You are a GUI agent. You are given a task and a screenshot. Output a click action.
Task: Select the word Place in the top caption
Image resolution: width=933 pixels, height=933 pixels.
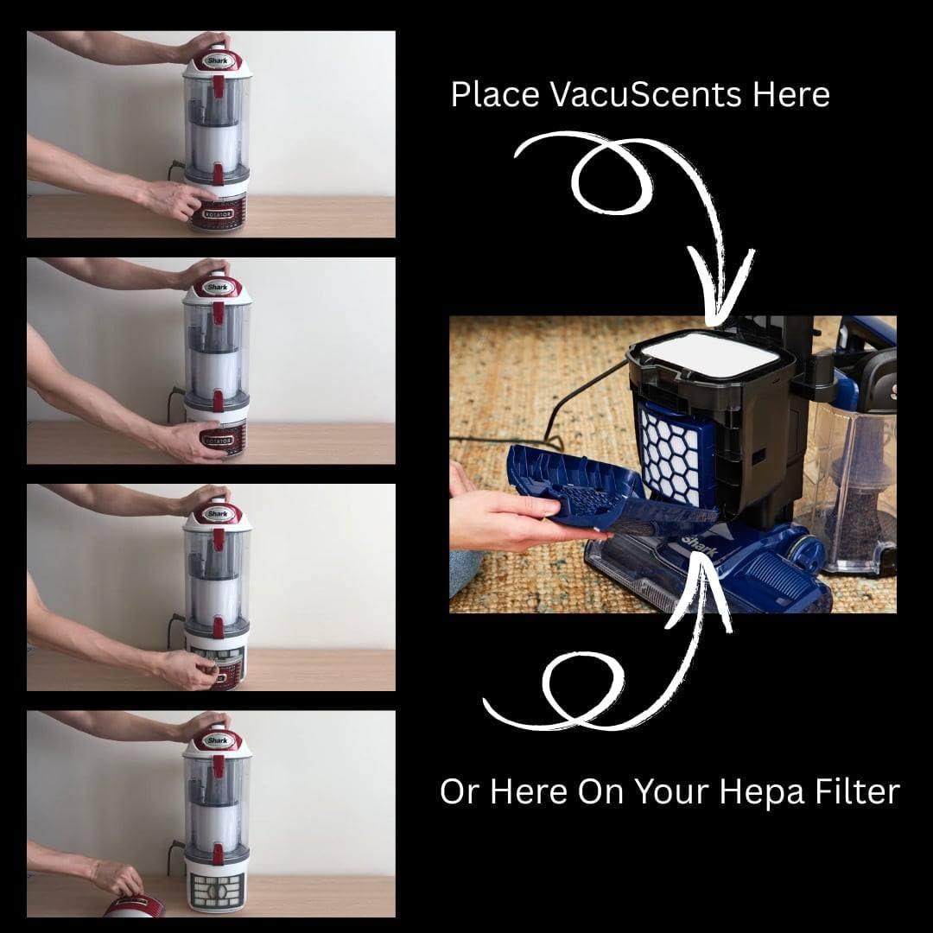[495, 95]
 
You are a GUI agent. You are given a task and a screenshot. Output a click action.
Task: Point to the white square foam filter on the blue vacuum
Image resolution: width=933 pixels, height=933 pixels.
[712, 353]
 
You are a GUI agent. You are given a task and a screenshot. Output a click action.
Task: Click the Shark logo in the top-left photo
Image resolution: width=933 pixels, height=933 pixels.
[217, 60]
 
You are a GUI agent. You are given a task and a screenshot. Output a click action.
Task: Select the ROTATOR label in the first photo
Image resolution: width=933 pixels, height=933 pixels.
[218, 213]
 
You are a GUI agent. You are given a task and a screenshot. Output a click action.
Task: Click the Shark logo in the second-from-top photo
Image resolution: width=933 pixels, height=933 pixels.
[217, 288]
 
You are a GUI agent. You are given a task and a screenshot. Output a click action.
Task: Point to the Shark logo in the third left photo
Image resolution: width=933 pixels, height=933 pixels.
[217, 513]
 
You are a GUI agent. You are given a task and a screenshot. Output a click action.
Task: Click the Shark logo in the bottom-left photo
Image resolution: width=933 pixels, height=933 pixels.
[217, 740]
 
